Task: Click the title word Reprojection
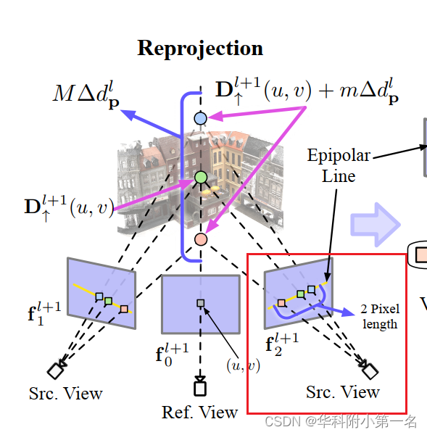(x=200, y=49)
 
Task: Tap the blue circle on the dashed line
(x=201, y=117)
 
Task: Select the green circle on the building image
(x=201, y=177)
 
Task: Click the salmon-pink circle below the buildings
(x=201, y=239)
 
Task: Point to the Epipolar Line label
(x=339, y=165)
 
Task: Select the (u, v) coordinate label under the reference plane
(x=243, y=365)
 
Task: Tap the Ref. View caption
(x=200, y=413)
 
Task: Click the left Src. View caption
(x=66, y=394)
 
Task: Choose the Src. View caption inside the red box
(x=343, y=392)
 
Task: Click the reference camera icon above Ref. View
(x=200, y=388)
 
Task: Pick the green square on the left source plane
(x=108, y=301)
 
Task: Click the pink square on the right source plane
(x=281, y=302)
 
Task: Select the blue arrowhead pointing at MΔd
(x=126, y=112)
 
